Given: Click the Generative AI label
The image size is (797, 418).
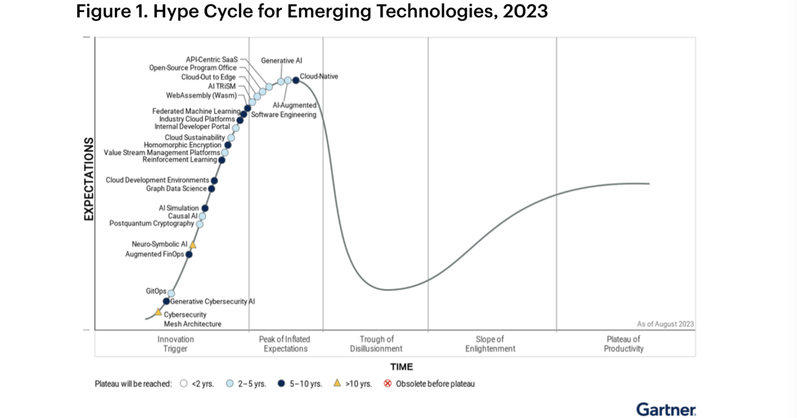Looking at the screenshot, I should [282, 60].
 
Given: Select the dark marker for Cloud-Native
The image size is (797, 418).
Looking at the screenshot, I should [296, 81].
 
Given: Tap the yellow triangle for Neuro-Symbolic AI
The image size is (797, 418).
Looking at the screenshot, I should [193, 245].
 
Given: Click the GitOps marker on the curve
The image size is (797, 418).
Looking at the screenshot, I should [171, 293].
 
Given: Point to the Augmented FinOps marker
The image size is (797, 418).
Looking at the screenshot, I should [189, 254].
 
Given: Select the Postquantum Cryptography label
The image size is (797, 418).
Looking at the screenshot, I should [151, 224].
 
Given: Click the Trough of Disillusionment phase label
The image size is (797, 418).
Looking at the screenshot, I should [376, 344].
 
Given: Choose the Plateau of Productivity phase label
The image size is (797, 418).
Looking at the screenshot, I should [624, 344].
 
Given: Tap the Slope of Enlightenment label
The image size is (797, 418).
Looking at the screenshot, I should [490, 344].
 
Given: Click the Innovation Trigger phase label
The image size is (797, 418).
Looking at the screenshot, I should [176, 344].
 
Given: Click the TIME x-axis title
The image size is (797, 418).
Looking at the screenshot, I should [401, 366].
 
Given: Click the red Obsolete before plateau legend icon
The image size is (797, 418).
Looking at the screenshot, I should [388, 383].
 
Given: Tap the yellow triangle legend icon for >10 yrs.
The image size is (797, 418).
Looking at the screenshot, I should [337, 383].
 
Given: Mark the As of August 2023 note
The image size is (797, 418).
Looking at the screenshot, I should [665, 324].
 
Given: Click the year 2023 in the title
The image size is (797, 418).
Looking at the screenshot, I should [525, 12].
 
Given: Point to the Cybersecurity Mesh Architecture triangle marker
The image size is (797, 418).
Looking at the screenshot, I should [158, 311].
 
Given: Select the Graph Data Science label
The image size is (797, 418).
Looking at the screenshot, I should [176, 188].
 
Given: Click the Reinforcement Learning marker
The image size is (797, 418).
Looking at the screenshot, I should [222, 160].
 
